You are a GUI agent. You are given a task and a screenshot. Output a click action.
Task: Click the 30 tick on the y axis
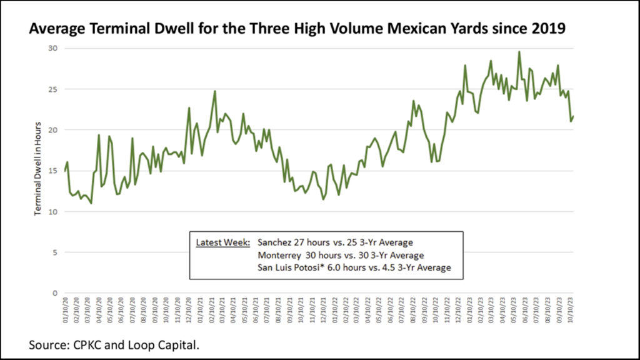[x=54, y=48]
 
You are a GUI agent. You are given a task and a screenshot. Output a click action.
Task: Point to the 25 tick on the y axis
[x=54, y=89]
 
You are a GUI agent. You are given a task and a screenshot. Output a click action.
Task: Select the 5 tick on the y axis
[x=56, y=252]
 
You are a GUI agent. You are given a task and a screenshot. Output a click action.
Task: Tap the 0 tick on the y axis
[x=56, y=293]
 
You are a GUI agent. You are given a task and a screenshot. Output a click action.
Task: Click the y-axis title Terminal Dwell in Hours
[x=38, y=168]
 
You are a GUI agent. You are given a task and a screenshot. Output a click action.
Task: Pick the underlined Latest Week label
[x=223, y=242]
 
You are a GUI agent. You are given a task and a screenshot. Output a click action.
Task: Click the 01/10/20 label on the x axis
[x=65, y=309]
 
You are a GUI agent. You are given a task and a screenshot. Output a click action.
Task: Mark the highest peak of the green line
[x=519, y=52]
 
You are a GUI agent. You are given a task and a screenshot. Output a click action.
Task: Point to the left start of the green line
[x=64, y=171]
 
